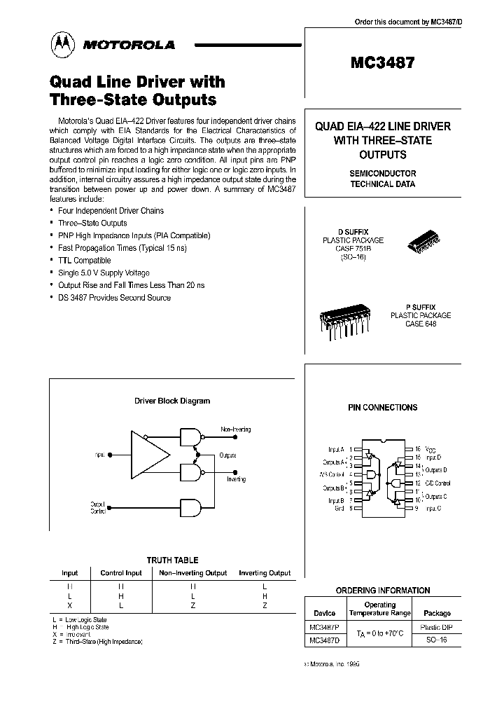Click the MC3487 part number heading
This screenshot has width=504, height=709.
coord(382,62)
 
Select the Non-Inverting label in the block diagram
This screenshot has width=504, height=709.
coord(235,429)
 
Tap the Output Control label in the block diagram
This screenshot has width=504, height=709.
coord(98,508)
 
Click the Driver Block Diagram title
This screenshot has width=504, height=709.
coord(172,401)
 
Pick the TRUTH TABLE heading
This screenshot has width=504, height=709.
coord(172,560)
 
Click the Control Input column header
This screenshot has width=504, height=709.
coord(121,573)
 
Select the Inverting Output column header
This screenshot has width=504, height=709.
coord(265,573)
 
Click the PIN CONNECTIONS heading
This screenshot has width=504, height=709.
coord(382,407)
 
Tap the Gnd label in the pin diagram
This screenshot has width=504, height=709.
coord(339,508)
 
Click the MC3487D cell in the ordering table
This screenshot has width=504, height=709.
coord(324,640)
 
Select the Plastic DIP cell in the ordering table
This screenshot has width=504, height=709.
coord(436,627)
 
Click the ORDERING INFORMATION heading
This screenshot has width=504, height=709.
coord(383,590)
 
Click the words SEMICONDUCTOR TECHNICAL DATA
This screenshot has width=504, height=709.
coord(382,179)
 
